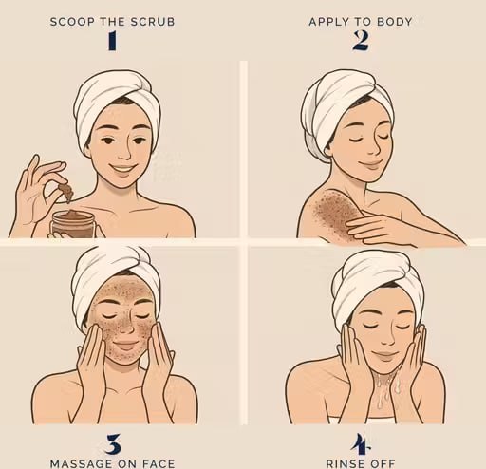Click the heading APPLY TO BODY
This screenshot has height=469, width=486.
[x=360, y=20]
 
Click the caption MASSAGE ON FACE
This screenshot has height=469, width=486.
[x=112, y=462]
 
